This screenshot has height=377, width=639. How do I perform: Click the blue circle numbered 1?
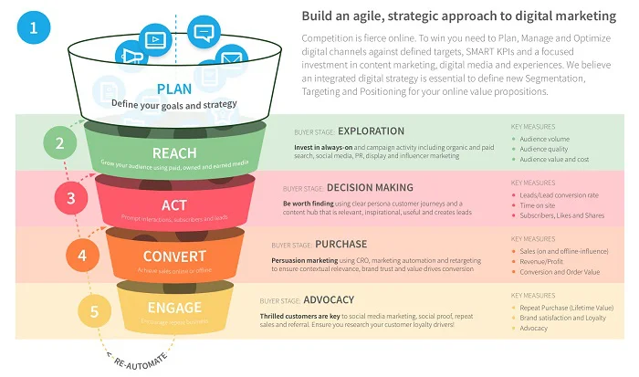point(34,27)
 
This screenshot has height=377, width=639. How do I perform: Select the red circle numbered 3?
point(70,197)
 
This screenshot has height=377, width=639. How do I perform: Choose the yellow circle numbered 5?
point(95,311)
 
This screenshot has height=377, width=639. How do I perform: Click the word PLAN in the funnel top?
point(173,89)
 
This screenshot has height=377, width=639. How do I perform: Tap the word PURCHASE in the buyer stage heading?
point(342,245)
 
